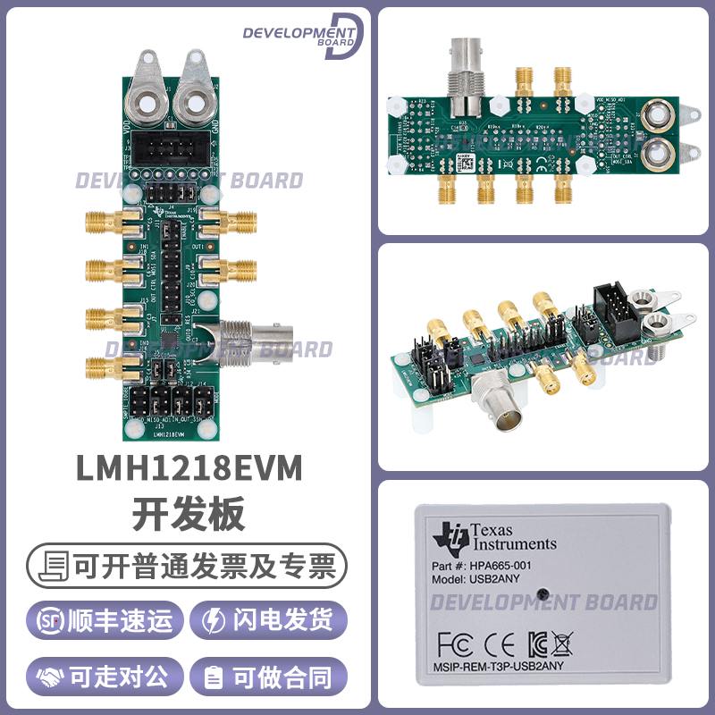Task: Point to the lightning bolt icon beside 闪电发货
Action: coord(215,620)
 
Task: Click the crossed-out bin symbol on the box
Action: coord(561,643)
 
